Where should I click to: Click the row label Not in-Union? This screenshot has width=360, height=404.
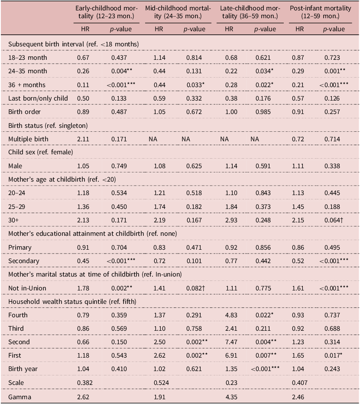pos(26,288)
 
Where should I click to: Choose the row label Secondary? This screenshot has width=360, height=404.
pos(23,261)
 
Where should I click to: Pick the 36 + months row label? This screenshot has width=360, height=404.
pos(26,85)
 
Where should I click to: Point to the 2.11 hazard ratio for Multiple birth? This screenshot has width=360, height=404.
pos(84,139)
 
